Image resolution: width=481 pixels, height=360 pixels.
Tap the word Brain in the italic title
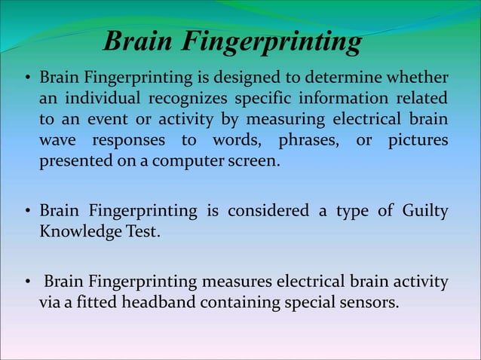140,42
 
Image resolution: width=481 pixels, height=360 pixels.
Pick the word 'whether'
418,78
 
